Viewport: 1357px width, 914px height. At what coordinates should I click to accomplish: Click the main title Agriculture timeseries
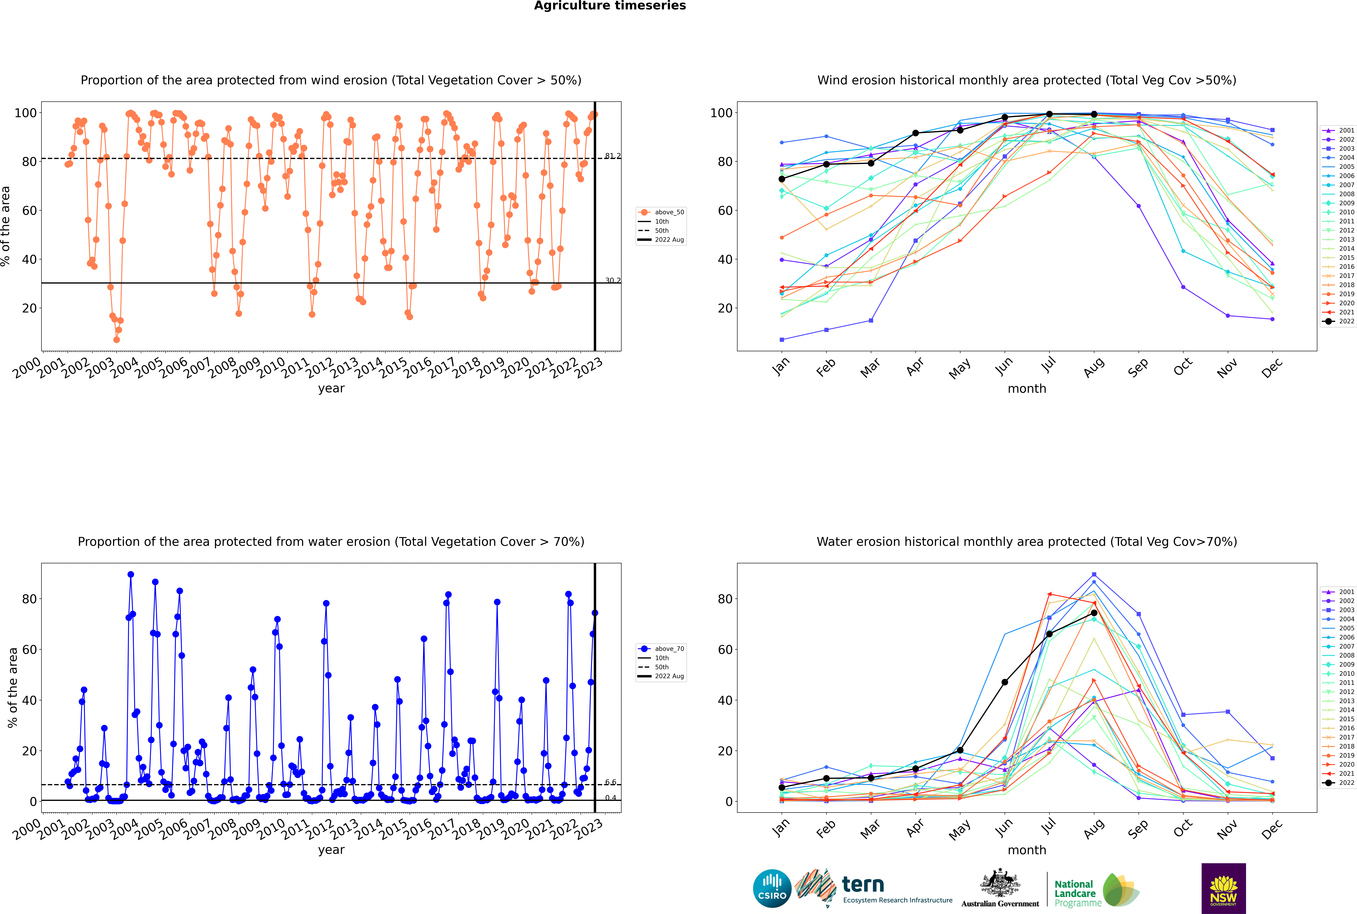610,6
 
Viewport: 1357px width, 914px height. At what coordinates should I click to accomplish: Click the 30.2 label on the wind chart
613,280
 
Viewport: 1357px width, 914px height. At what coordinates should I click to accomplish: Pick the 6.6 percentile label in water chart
610,782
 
